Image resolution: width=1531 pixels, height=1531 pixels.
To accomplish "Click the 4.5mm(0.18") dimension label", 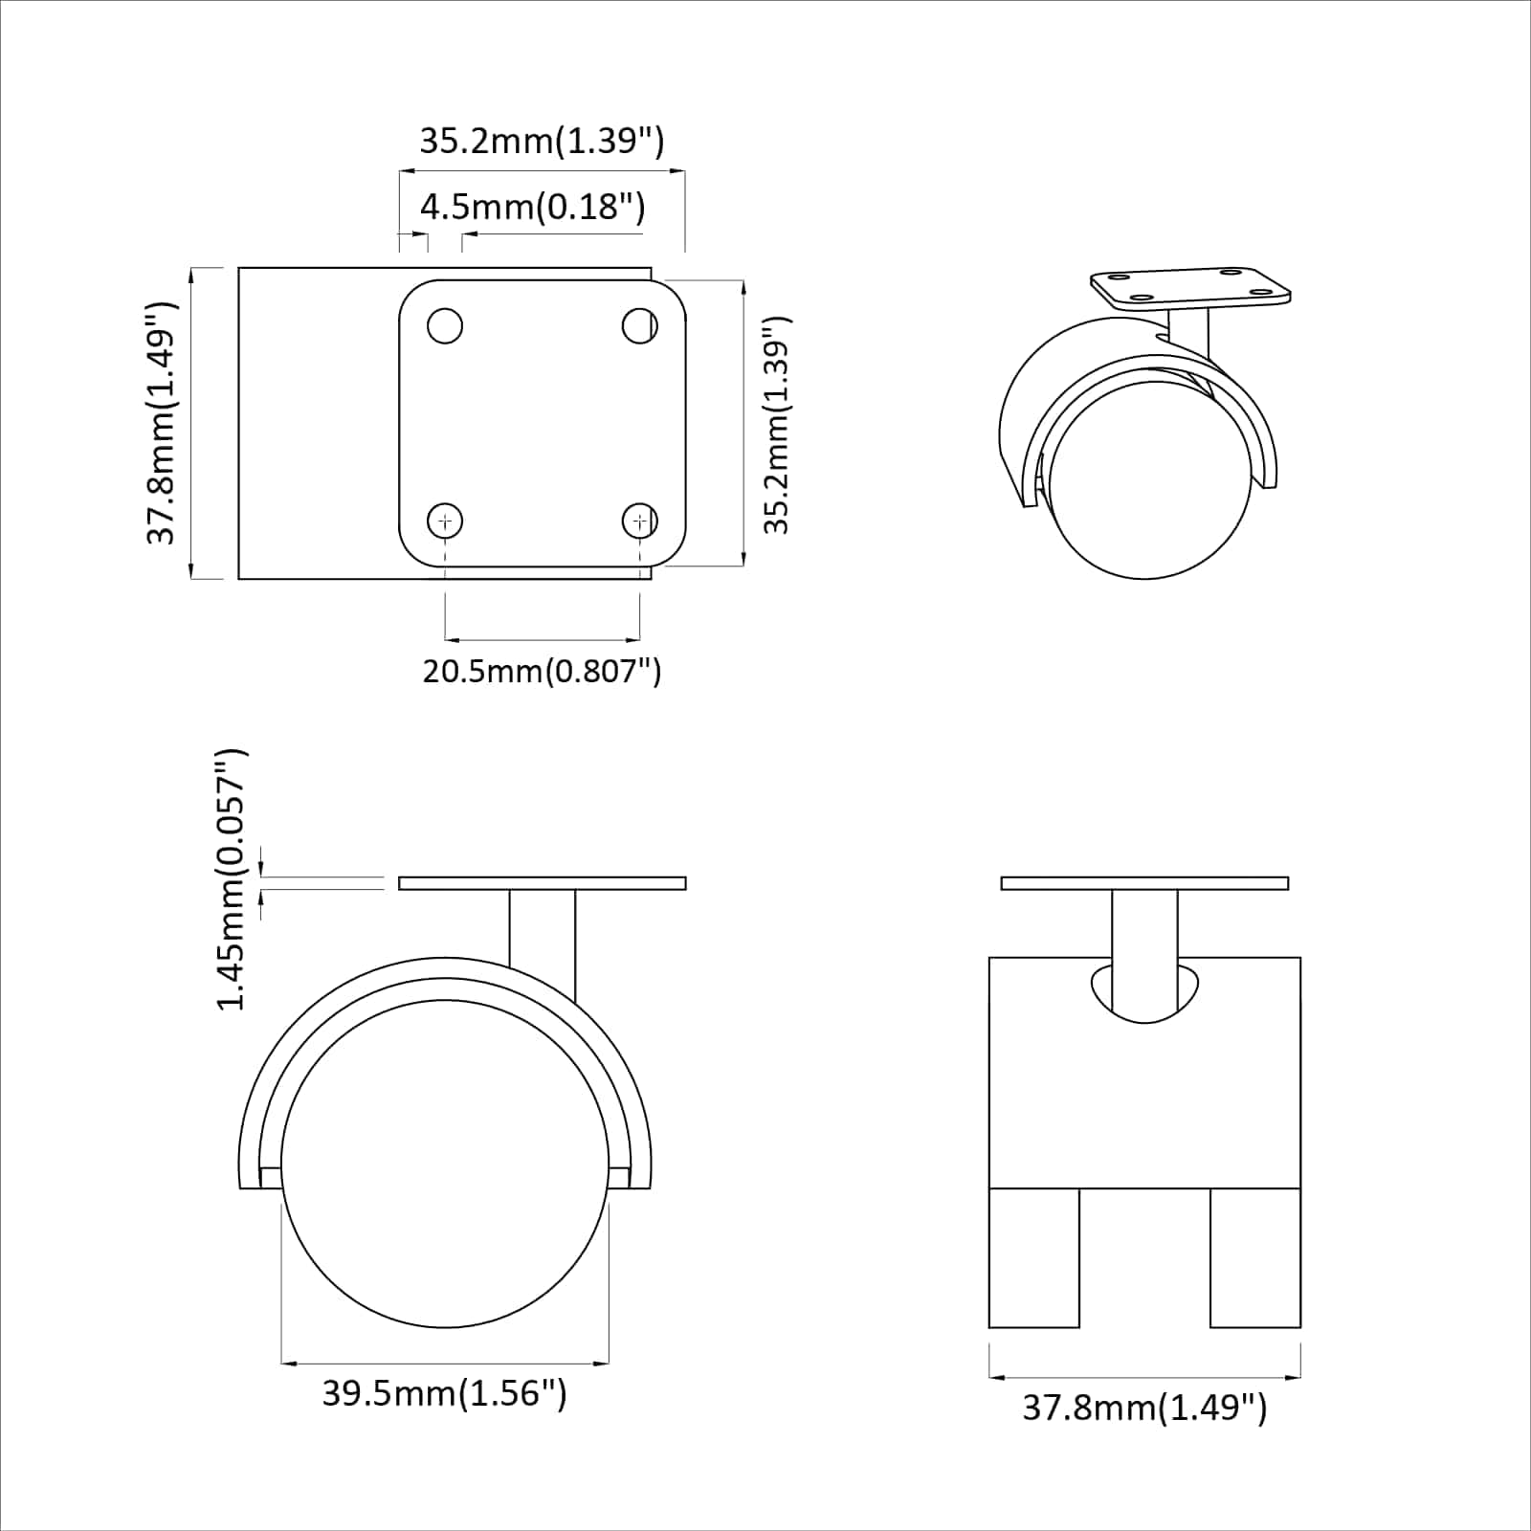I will coord(532,207).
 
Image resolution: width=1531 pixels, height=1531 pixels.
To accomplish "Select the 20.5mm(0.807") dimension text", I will coord(542,671).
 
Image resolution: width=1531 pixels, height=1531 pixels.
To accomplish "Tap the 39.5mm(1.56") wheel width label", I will coord(444,1392).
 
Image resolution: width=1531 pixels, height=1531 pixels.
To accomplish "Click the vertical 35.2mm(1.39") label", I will coord(777,425).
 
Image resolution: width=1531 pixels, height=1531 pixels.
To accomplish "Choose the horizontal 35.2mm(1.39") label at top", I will coord(542,141).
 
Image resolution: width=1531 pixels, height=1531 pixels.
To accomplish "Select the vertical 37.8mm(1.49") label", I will coord(162,423).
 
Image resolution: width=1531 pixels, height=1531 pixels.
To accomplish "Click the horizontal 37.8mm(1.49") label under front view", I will coord(1144,1408).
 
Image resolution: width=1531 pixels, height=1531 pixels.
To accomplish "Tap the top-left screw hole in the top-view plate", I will coord(445,325).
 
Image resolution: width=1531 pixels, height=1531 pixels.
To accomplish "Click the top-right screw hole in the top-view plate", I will coord(639,325).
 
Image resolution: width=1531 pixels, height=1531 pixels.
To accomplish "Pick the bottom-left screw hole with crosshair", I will coord(445,521).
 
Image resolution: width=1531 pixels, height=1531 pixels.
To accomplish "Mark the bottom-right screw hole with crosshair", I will coord(639,521).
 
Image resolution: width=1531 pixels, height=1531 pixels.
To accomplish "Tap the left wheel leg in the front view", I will coord(1034,1257).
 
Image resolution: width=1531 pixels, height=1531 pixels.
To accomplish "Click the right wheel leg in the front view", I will coord(1254,1257).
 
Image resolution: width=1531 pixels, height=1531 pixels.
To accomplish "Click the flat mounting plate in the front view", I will coord(1144,883).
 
